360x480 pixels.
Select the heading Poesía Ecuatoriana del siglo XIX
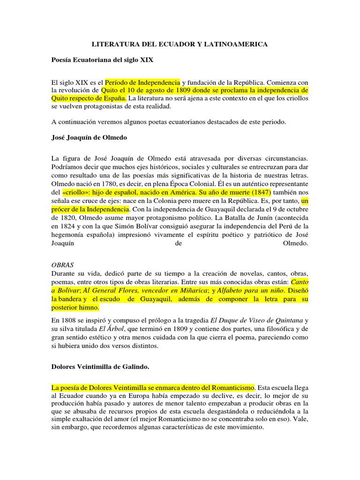click(x=102, y=60)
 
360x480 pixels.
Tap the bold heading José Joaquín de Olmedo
click(x=89, y=138)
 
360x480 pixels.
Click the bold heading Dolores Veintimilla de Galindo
click(x=100, y=368)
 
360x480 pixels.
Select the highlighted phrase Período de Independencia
click(x=142, y=82)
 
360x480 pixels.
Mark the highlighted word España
click(x=112, y=98)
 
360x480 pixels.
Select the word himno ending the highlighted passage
click(x=88, y=307)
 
